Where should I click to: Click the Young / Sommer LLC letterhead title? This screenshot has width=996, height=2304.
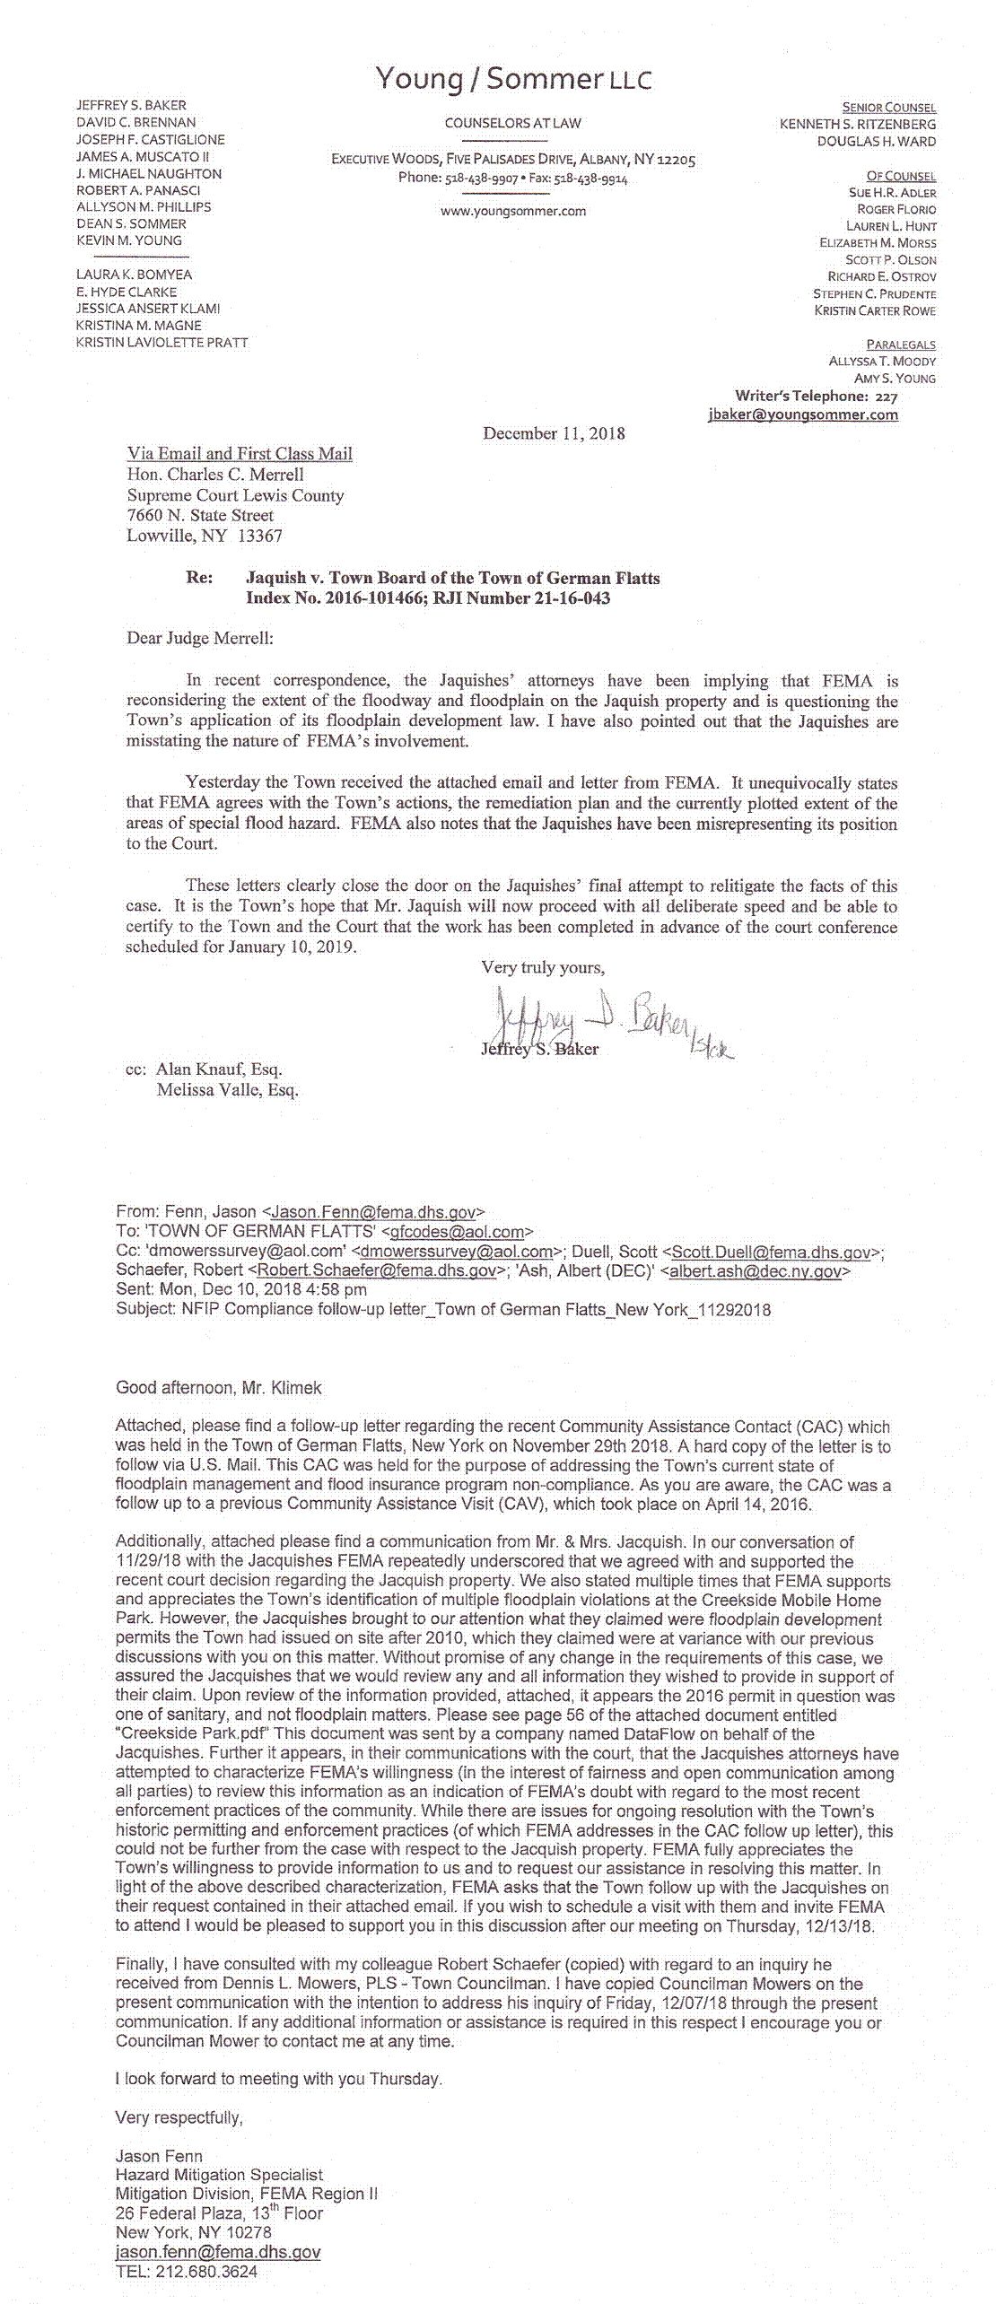[x=513, y=80]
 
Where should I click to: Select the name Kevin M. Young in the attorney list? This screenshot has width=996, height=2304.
[x=129, y=240]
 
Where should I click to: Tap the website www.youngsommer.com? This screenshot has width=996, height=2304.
[x=513, y=211]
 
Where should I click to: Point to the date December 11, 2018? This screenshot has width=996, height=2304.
[x=554, y=433]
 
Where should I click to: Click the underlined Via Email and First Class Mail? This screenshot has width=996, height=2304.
[x=240, y=454]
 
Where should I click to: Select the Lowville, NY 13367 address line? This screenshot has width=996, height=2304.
[x=205, y=537]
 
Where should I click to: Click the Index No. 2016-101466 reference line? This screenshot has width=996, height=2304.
[x=428, y=598]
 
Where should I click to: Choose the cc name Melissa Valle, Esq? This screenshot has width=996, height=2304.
[x=227, y=1090]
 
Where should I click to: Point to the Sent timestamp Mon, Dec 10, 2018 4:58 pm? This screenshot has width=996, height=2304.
[x=241, y=1290]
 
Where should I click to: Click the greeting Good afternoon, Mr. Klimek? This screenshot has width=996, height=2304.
[x=219, y=1388]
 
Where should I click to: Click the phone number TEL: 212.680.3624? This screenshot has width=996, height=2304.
[x=187, y=2272]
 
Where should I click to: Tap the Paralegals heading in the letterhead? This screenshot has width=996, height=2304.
[x=901, y=345]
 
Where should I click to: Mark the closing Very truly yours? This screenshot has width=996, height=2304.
[x=543, y=967]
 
